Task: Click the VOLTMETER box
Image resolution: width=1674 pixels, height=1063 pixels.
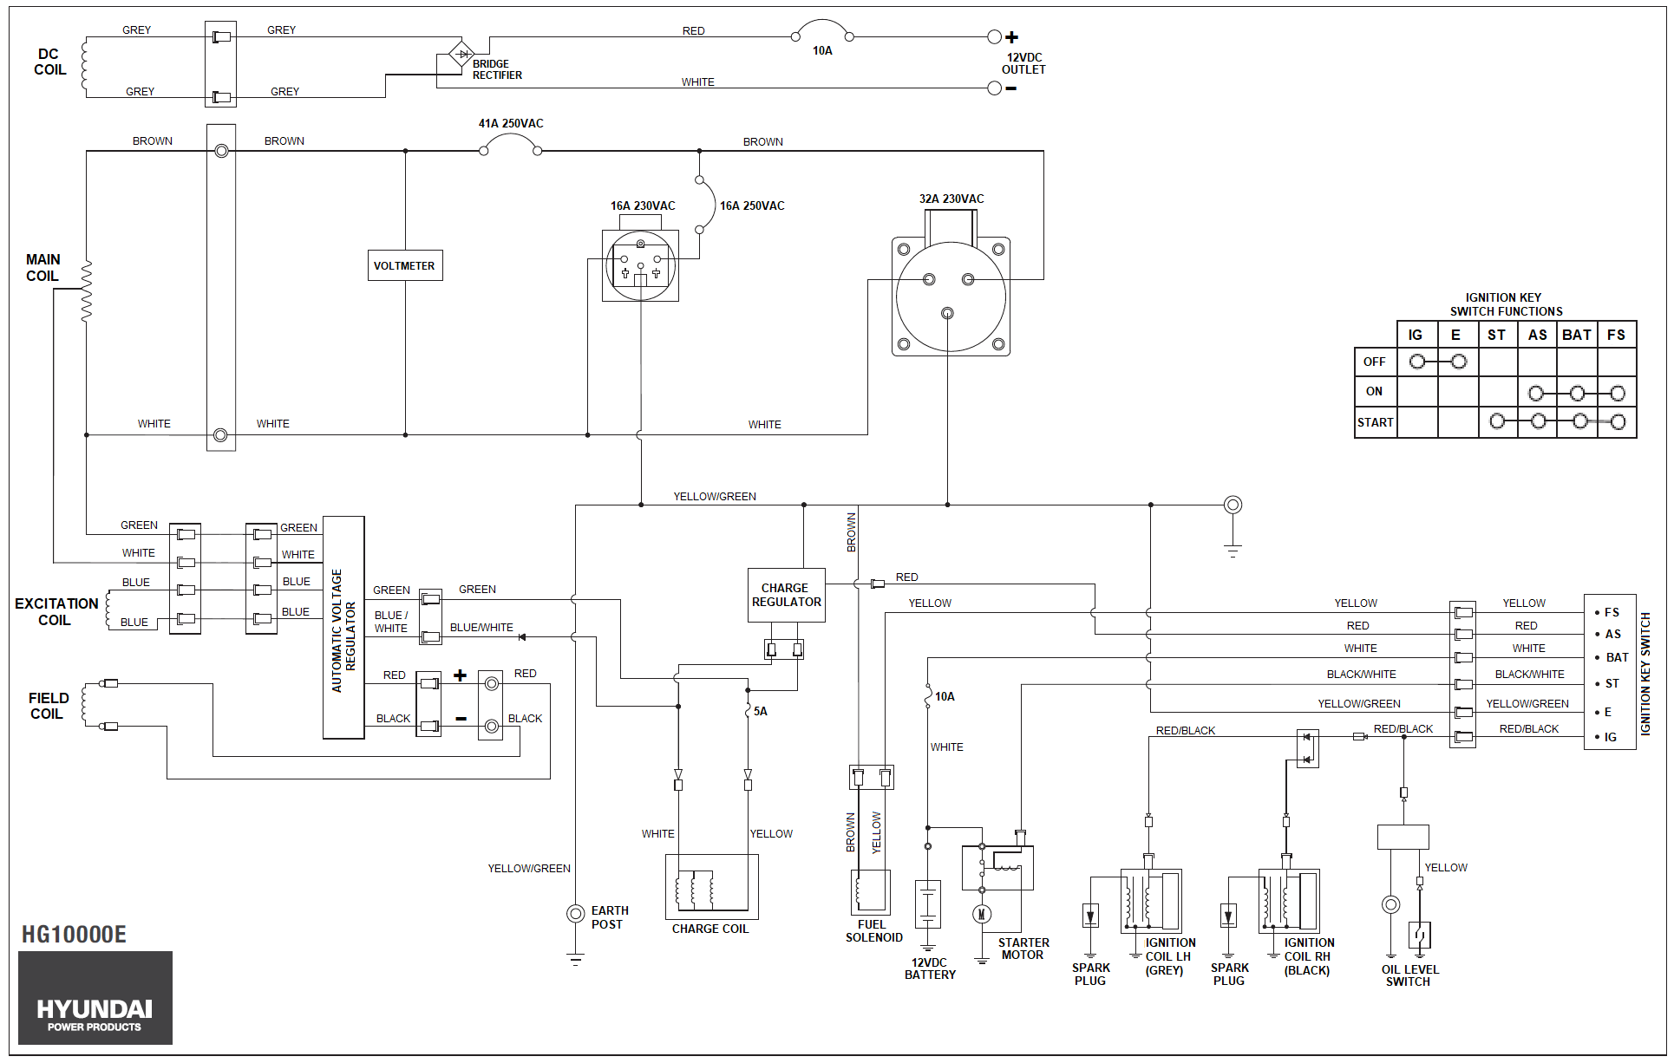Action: [404, 265]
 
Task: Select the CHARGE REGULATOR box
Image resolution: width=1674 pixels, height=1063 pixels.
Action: [786, 595]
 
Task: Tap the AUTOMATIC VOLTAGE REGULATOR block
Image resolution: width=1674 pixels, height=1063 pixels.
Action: [343, 628]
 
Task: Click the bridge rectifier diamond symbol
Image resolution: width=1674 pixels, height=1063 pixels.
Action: [461, 54]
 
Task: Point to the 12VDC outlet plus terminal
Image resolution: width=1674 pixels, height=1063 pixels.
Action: [995, 36]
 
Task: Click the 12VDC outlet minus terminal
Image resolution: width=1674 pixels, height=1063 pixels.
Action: [995, 88]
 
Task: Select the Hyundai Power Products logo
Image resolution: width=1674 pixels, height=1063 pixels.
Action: [95, 997]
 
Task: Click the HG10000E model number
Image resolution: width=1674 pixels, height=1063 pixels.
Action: [74, 934]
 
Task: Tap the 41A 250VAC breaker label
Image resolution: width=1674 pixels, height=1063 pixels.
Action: [511, 123]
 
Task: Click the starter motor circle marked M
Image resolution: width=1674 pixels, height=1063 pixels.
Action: [982, 914]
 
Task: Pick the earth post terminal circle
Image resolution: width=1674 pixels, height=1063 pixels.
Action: [575, 913]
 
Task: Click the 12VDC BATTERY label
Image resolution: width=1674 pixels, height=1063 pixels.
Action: [930, 968]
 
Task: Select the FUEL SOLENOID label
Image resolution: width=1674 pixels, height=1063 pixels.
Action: [873, 930]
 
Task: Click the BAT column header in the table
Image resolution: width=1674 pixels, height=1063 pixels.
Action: [1577, 335]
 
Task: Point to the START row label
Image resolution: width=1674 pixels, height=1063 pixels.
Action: [1376, 422]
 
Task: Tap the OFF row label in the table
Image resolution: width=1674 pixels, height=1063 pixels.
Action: [1375, 362]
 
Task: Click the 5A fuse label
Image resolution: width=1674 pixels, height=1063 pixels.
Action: [760, 711]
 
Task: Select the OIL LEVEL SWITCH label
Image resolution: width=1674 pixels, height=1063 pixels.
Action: [1409, 975]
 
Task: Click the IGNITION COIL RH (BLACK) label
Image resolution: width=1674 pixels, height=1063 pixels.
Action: [1309, 956]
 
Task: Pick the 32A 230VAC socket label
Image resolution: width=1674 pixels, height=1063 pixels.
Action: [951, 199]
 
